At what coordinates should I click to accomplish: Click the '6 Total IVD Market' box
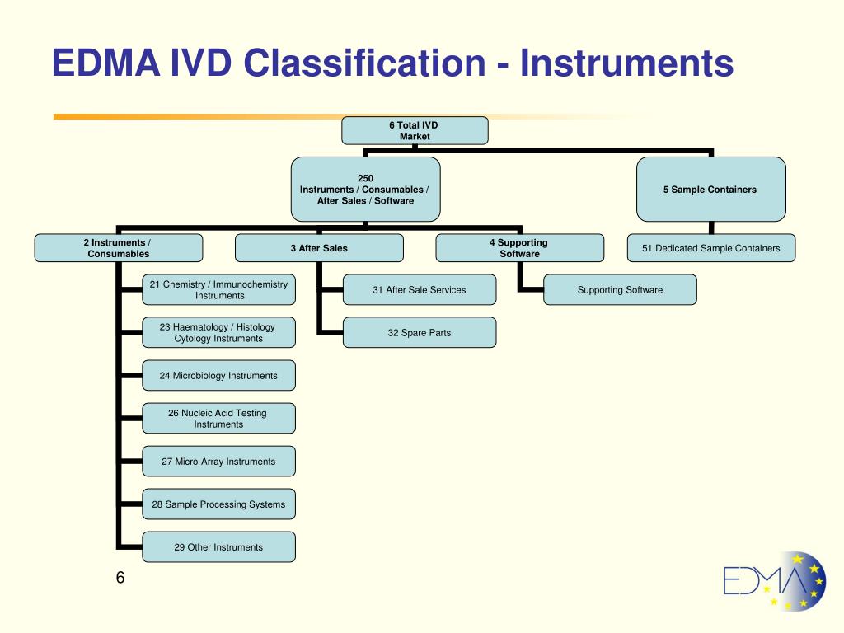tap(415, 130)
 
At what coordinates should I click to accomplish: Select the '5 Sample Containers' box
tap(710, 189)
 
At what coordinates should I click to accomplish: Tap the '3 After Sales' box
tap(319, 247)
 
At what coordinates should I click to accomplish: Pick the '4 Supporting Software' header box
tap(519, 247)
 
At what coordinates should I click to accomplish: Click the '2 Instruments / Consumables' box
tap(119, 247)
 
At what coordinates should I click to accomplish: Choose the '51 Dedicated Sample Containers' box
tap(711, 247)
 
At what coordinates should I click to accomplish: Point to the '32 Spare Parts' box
tap(420, 332)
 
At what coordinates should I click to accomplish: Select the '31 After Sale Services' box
tap(420, 289)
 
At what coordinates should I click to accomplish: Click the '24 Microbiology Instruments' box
tap(218, 375)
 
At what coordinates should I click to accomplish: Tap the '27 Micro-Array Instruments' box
tap(218, 462)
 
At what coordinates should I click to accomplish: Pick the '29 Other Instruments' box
tap(218, 547)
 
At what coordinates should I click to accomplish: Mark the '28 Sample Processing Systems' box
tap(218, 504)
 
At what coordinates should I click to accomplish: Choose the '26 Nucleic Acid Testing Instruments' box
tap(218, 418)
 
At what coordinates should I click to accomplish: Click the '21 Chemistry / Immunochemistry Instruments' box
tap(218, 289)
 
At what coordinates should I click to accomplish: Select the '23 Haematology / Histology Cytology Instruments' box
tap(218, 332)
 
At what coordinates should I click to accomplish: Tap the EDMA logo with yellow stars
tap(775, 581)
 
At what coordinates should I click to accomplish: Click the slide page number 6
tap(120, 578)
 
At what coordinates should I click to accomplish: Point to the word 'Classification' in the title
tap(364, 63)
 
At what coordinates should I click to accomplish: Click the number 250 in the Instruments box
tap(365, 178)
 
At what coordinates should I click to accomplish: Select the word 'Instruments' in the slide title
tap(626, 63)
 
